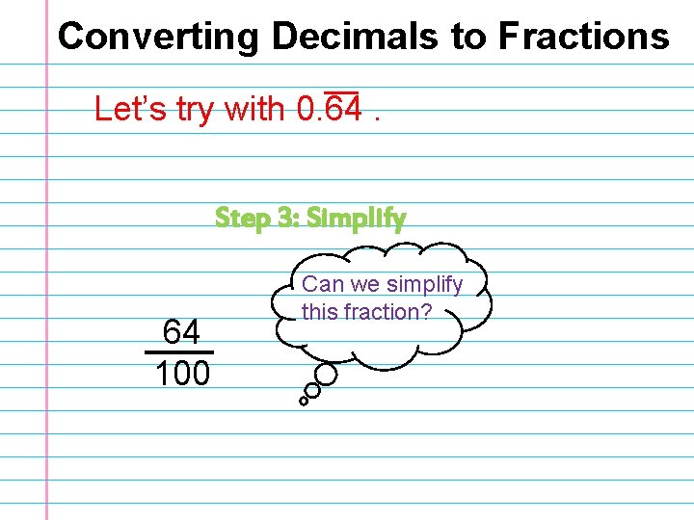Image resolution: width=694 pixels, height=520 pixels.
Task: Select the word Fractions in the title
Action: [583, 37]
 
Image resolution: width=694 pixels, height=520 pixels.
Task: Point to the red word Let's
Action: [131, 110]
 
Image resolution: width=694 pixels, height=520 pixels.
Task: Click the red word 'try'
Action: [196, 110]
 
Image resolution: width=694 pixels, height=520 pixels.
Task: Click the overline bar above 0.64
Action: [340, 93]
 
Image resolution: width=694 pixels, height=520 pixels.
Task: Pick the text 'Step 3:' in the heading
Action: [256, 219]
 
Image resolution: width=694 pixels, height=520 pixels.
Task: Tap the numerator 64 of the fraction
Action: [181, 333]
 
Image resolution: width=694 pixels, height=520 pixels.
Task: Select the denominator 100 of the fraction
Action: [182, 373]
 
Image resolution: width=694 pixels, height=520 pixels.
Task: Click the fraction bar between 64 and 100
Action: [179, 352]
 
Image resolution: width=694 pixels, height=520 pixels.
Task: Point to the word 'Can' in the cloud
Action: [322, 285]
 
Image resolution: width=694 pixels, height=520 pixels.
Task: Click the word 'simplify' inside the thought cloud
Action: [424, 285]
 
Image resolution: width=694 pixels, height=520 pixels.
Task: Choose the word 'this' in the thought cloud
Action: [320, 312]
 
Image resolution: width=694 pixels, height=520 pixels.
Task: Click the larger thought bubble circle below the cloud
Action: [327, 375]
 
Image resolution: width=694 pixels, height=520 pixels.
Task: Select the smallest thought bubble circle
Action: [304, 401]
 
